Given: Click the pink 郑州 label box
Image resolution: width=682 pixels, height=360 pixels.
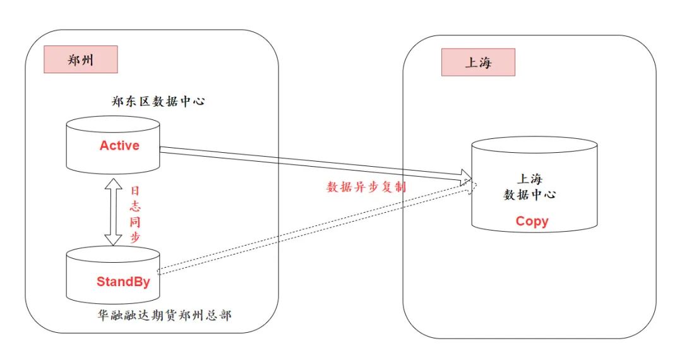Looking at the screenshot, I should tap(80, 60).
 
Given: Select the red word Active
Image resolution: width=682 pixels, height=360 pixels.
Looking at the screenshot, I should tap(119, 145).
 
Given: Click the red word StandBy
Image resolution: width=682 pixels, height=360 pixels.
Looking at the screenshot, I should tap(123, 282).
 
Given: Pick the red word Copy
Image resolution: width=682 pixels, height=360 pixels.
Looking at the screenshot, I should tap(532, 221).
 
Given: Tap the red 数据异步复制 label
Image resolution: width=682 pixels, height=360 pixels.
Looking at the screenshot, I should tap(366, 187).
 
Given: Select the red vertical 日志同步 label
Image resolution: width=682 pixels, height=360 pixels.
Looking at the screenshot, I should tap(135, 215).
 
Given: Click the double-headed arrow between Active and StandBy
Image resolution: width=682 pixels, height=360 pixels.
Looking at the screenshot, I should tap(114, 212).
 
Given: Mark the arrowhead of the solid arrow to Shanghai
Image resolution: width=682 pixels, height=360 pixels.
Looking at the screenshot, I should tap(467, 176).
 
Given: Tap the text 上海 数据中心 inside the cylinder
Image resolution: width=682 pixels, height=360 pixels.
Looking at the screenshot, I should tap(529, 187).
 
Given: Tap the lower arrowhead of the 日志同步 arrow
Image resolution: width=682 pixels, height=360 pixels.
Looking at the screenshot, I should tap(114, 240).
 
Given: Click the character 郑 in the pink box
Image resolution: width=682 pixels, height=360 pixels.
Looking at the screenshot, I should tap(73, 61).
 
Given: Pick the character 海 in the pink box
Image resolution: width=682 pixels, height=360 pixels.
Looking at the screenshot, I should tap(485, 63).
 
